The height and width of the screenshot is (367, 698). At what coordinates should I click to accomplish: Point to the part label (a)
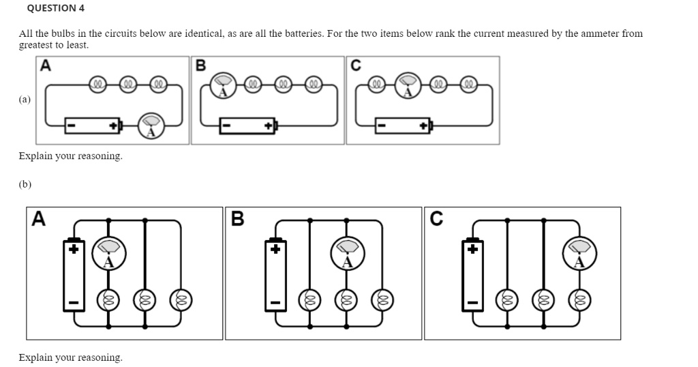coord(25,100)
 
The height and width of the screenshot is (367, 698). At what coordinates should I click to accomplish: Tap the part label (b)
coord(25,184)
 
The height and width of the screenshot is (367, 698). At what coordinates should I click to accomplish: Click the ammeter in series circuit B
coord(222,86)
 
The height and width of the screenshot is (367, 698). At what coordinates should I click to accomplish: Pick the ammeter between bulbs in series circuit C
coord(408,86)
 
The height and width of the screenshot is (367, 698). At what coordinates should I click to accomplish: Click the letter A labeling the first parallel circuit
coord(40,218)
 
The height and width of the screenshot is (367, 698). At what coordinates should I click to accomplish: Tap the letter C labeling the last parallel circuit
coord(436,218)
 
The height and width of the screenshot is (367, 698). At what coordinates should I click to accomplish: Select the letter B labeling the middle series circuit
coord(200,65)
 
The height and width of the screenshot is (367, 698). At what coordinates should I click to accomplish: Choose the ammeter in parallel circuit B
coord(348,253)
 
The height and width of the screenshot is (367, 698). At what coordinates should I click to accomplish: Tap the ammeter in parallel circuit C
coord(579,253)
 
